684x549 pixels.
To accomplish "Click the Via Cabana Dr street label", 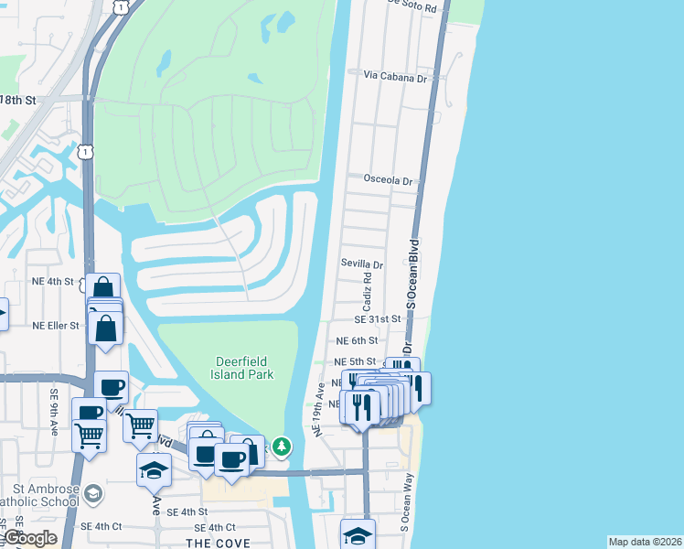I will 395,78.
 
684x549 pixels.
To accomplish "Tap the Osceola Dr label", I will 389,180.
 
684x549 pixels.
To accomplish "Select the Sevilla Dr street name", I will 362,264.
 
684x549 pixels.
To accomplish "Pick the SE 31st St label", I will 379,318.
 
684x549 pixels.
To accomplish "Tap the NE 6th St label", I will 356,339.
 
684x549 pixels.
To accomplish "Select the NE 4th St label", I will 52,281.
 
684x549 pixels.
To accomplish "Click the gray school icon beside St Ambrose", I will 91,494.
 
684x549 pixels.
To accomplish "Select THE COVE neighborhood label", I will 212,543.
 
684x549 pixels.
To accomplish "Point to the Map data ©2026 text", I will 644,542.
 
